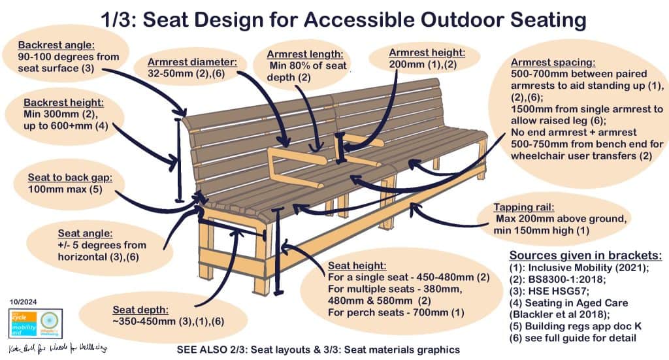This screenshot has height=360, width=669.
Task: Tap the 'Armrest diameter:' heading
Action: [x=186, y=63]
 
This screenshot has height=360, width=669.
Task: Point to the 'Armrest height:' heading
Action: [x=427, y=52]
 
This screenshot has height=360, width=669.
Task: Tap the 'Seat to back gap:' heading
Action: [x=70, y=178]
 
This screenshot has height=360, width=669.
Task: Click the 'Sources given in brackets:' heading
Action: [x=585, y=255]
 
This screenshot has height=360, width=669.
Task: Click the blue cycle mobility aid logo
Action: [x=24, y=323]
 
